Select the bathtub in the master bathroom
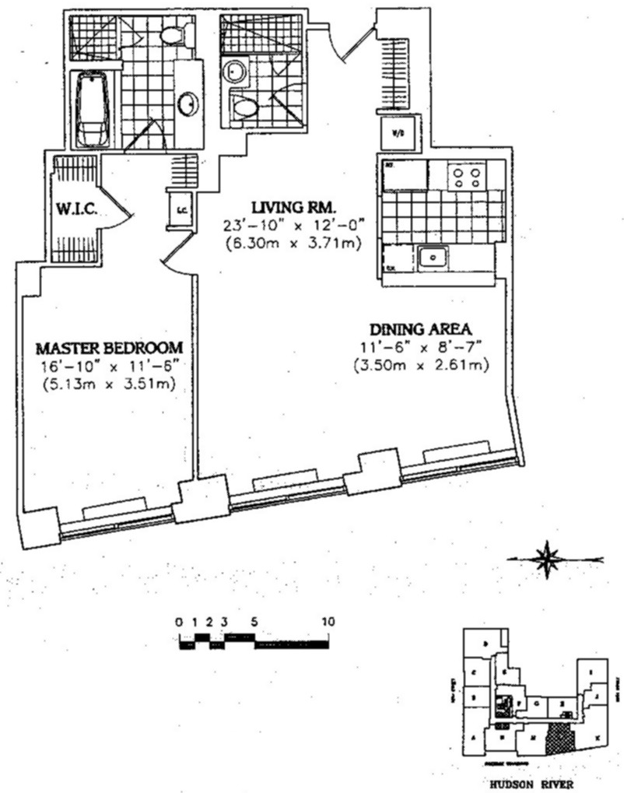93,110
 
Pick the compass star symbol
549,557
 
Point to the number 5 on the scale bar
254,622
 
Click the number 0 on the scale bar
179,622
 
